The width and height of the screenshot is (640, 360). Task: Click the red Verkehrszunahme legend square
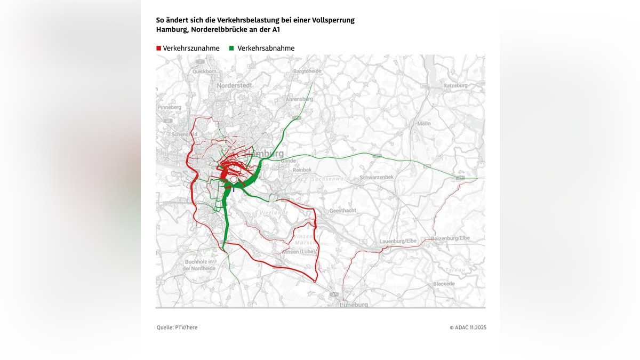point(158,49)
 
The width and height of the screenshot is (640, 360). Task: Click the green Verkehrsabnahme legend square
point(231,49)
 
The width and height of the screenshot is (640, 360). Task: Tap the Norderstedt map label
point(235,85)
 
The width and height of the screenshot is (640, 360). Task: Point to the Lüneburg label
point(354,305)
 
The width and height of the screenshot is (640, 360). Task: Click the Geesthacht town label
point(343,211)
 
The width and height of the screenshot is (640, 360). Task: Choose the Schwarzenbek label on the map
point(377,177)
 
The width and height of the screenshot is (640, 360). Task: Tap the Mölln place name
point(424,123)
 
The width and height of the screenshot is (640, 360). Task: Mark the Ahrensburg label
point(299,99)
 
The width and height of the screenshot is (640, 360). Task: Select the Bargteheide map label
point(308,71)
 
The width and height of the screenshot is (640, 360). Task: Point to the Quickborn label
point(205,71)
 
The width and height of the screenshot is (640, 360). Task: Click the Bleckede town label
point(444,284)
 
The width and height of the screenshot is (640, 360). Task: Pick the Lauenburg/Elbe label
point(398,242)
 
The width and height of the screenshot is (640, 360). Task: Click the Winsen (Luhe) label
point(299,251)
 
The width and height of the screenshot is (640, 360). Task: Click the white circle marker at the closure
point(234,180)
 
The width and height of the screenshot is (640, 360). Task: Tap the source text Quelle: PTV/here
point(177,327)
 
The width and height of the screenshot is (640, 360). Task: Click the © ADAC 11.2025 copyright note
point(468,327)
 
